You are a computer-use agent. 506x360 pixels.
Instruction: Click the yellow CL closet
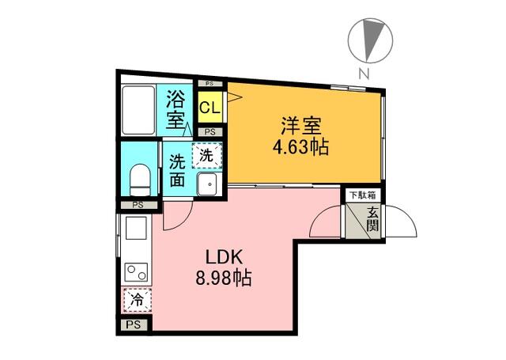210,107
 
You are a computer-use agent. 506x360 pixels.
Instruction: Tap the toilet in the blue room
140,180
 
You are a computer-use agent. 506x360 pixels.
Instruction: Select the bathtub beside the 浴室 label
139,110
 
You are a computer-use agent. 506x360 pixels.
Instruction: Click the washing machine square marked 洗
207,156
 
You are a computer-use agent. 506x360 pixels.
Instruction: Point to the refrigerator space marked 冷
137,301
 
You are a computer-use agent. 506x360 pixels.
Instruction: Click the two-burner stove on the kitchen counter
137,272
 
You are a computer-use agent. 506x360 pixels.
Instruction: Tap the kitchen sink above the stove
136,228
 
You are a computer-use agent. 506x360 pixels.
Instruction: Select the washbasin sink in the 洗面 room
207,184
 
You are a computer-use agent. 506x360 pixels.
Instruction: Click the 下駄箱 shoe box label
363,195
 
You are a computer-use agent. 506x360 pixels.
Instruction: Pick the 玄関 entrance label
372,220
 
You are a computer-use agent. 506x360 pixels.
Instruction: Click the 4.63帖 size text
300,148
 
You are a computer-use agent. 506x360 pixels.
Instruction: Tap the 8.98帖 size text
224,278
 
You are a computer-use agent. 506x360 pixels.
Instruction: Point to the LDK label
224,257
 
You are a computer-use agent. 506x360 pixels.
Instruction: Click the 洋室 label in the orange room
301,127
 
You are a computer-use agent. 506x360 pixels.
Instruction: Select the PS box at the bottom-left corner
134,324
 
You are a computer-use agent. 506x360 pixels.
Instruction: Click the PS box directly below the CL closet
210,132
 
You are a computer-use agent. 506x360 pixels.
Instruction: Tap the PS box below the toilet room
138,205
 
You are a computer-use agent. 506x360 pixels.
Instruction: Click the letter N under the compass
364,74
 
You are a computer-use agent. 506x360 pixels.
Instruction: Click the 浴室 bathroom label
176,109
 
